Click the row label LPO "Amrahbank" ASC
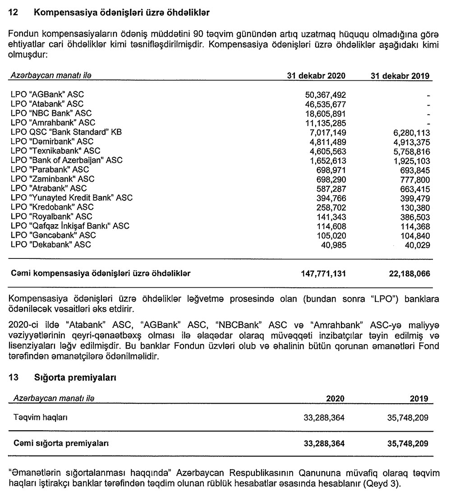52,122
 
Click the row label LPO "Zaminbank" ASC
52,179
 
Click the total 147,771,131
322,273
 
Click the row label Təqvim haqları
41,418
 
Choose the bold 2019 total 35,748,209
407,443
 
